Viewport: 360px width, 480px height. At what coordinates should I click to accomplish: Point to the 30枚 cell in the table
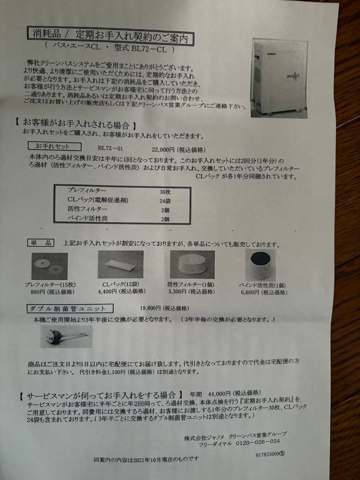coord(165,192)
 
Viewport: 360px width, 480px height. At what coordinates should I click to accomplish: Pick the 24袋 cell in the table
coord(165,201)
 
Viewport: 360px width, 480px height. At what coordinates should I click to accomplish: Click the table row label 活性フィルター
coord(87,209)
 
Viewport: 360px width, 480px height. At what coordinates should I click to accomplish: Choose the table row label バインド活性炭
coord(87,218)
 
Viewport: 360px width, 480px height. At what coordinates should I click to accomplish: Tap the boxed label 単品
coord(41,243)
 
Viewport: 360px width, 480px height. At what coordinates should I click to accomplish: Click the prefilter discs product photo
coord(50,266)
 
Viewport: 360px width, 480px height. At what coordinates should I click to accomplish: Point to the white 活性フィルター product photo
coord(192,264)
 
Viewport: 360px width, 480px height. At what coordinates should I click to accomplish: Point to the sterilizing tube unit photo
coord(65,337)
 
